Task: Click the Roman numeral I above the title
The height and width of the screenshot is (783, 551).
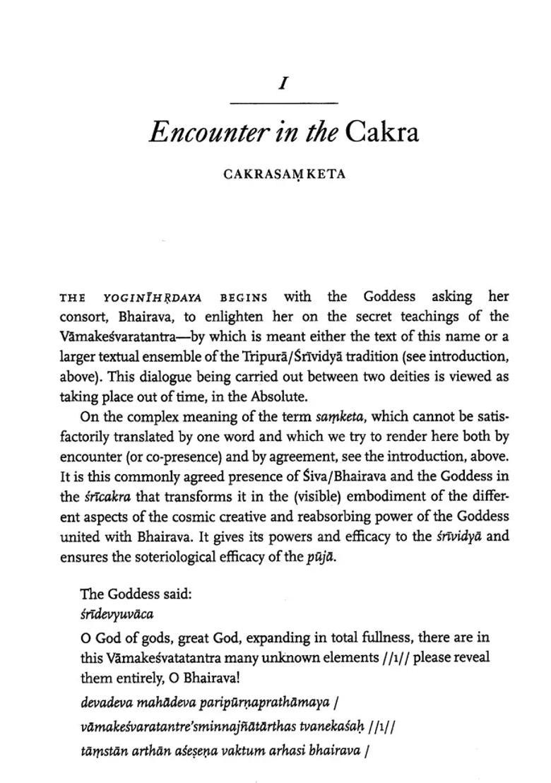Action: point(283,83)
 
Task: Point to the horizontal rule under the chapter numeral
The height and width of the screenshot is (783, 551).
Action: point(283,104)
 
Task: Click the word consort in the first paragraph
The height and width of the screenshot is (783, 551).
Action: point(83,317)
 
